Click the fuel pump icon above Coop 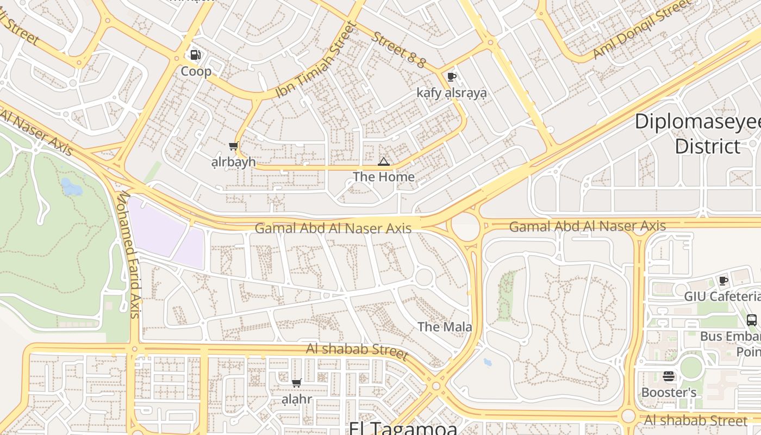tap(195, 55)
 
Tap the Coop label tap(196, 71)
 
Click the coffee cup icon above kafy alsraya tap(451, 77)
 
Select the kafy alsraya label tap(451, 93)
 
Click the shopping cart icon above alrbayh tap(233, 146)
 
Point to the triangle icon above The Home tap(384, 161)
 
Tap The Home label tap(384, 177)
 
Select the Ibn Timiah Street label tap(315, 60)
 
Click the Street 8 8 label tap(398, 50)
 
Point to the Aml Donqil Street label tap(642, 30)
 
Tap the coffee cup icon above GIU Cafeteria tap(723, 281)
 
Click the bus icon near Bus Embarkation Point tap(752, 320)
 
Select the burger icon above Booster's tap(669, 376)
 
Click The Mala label tap(445, 327)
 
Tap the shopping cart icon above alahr tap(297, 383)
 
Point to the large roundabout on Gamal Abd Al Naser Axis tap(465, 226)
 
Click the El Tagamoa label tap(403, 428)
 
